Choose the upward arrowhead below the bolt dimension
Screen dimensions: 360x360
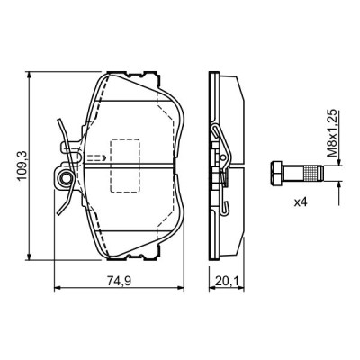pos(338,185)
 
